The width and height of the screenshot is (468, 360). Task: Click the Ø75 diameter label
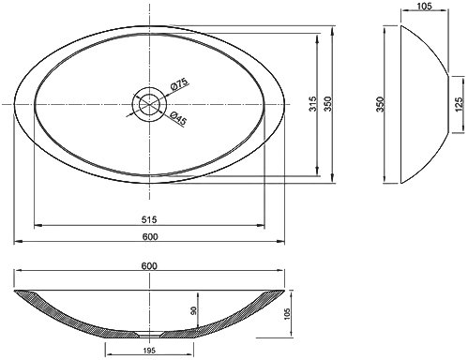179,84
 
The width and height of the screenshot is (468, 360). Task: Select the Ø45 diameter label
178,118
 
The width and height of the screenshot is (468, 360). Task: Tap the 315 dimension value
312,104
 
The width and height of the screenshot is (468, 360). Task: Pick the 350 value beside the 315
327,104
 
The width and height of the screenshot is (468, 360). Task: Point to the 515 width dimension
149,219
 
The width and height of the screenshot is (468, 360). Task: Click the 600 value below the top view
150,237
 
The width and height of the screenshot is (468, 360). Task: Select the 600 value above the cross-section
149,266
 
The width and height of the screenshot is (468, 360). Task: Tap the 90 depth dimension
193,310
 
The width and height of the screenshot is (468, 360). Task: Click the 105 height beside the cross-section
287,314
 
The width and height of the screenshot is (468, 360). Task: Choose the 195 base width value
149,351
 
